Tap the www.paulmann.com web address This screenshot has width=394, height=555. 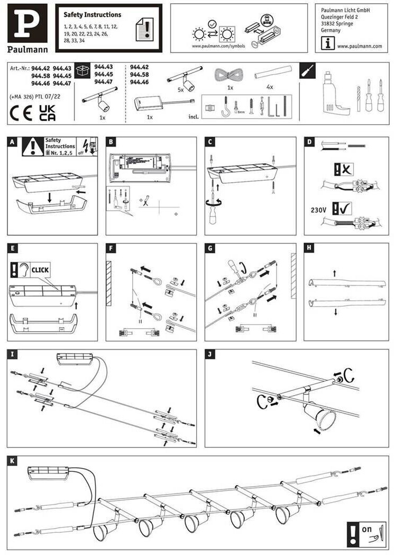click(359, 46)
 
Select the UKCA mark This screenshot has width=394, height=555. click(48, 113)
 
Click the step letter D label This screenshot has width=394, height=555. click(310, 142)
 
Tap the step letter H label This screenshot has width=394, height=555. click(310, 248)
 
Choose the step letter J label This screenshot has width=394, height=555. click(210, 354)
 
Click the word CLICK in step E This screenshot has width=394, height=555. click(40, 270)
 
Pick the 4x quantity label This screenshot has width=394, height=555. click(270, 86)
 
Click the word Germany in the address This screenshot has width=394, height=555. click(332, 31)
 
